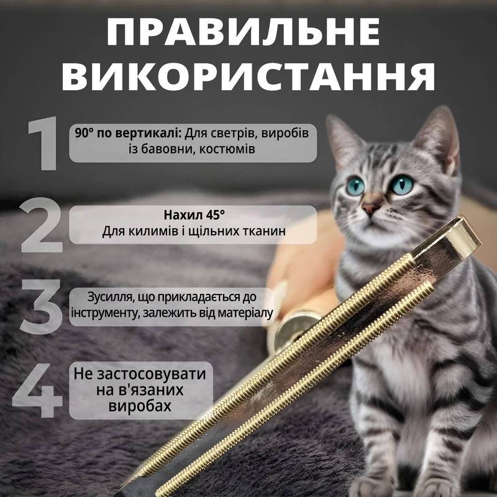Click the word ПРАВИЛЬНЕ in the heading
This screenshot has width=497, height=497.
[x=243, y=32]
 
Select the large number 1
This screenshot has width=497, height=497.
[x=43, y=143]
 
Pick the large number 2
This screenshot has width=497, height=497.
[x=42, y=225]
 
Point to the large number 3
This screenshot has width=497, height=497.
[x=41, y=306]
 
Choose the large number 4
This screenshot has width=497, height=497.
[x=37, y=390]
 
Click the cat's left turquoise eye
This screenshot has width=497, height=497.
[x=355, y=186]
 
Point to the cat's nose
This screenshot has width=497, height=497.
[x=368, y=208]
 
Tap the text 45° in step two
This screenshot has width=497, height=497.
[x=215, y=215]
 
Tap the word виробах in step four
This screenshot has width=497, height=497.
[x=140, y=406]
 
